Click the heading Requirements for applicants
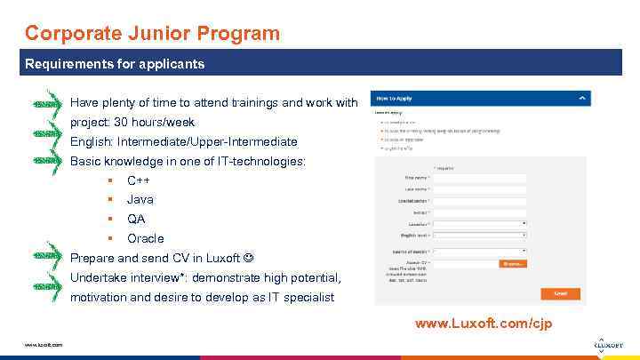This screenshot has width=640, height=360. [115, 64]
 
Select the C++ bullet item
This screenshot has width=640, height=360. [138, 180]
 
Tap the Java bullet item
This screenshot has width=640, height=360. [140, 200]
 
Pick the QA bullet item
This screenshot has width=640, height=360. [136, 220]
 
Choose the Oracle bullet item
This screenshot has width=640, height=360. [145, 239]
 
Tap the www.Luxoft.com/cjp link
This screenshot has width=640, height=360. [484, 324]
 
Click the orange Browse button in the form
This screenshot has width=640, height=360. [513, 264]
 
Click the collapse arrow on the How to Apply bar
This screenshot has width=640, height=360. [581, 99]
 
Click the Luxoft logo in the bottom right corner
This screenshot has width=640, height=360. [608, 345]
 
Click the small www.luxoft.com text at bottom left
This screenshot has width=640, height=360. [44, 345]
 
